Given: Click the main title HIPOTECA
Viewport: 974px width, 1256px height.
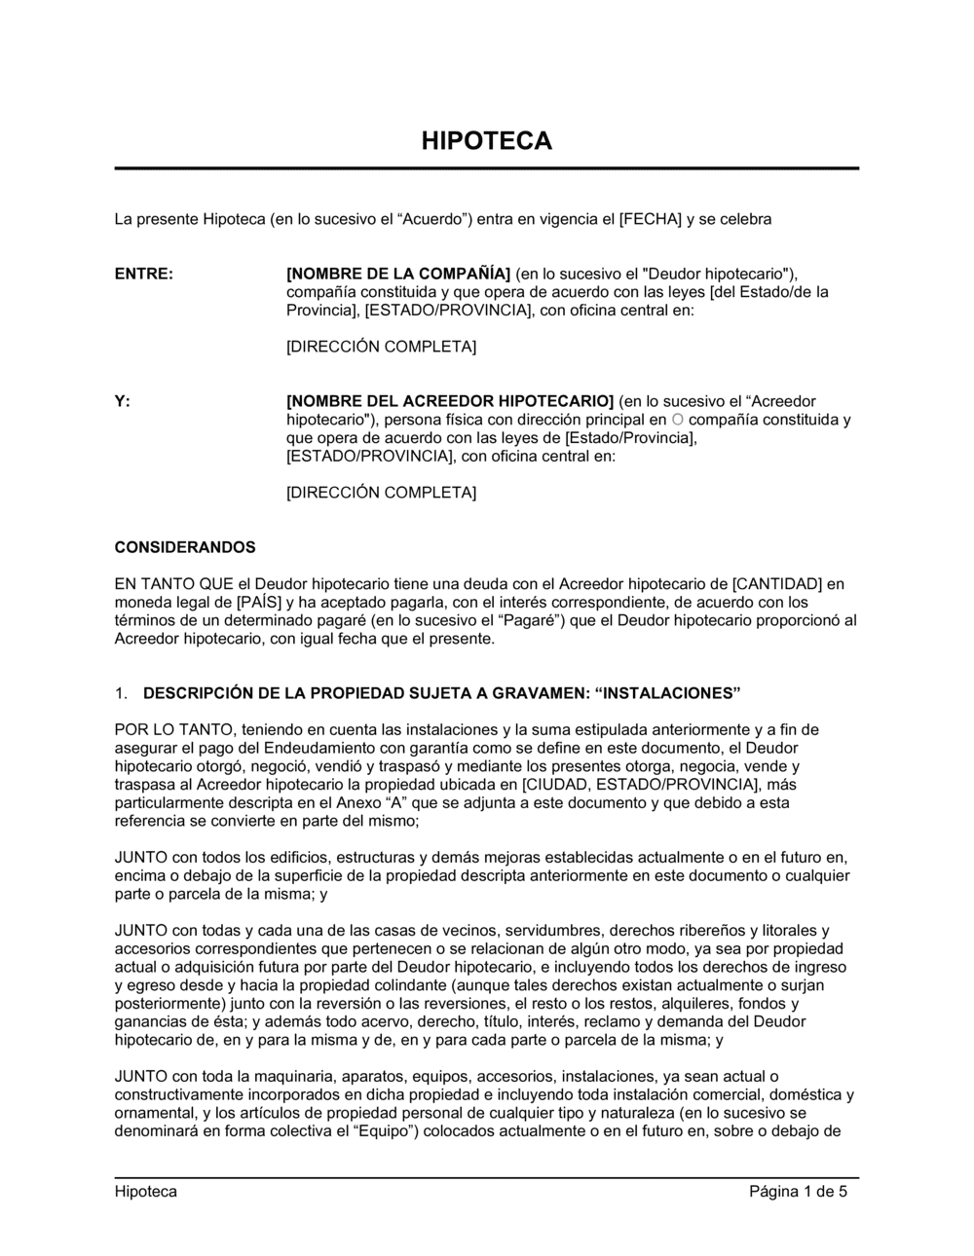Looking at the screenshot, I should point(486,141).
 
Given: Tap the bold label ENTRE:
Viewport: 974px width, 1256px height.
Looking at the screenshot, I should point(144,274).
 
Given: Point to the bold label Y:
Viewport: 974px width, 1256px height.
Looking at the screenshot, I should point(123,401).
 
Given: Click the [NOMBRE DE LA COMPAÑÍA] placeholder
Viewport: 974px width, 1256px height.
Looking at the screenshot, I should point(398,274).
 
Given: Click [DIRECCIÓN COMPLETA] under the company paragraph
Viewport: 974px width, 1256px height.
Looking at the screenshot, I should point(381,347).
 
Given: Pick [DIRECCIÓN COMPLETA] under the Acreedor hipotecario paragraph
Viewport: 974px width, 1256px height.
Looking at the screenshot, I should point(381,493).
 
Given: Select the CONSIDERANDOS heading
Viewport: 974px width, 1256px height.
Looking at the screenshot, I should point(185,547).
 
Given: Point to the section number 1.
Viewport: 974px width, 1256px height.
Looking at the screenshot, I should point(120,693).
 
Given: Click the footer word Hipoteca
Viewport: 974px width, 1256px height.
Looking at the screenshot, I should point(146,1192).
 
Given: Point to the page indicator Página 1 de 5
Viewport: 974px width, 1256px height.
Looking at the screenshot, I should point(798,1192).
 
